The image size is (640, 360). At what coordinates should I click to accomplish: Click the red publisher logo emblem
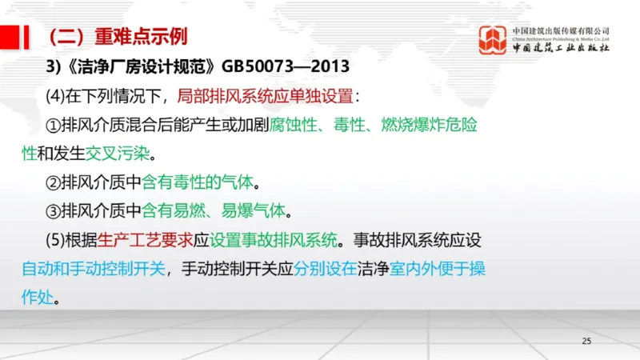[493, 40]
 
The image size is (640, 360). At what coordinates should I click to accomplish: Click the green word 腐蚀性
[292, 126]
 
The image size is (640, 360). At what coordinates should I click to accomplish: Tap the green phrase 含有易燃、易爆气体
[215, 211]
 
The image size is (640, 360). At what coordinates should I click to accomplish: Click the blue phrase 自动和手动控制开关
[95, 269]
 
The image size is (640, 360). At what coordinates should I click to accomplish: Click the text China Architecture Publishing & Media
[560, 38]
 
